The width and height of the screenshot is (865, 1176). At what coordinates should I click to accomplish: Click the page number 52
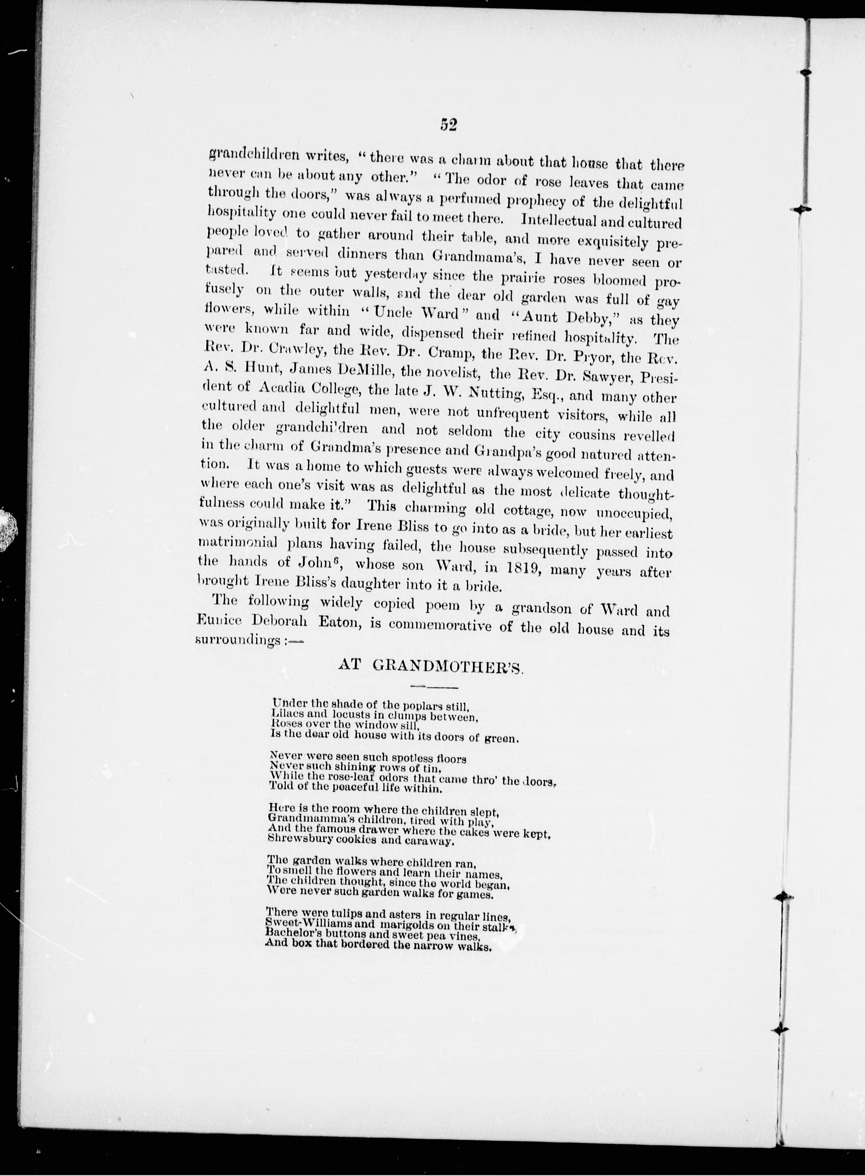click(x=449, y=124)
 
